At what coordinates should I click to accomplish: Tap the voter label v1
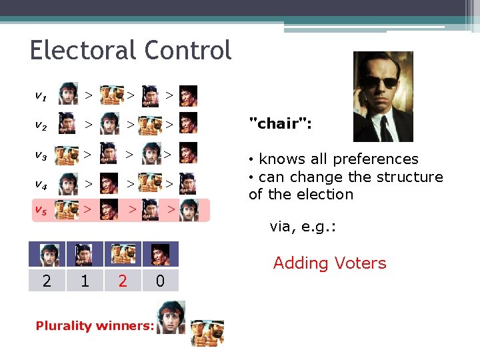click(x=41, y=95)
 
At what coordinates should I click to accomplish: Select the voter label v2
click(x=41, y=124)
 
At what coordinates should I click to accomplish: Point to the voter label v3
click(x=41, y=155)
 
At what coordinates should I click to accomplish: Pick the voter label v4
click(x=41, y=184)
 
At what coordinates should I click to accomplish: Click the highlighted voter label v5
click(x=41, y=210)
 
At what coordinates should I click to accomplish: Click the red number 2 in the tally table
click(x=123, y=281)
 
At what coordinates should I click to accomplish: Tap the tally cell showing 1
click(x=85, y=281)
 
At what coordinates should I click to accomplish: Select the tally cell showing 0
click(x=160, y=281)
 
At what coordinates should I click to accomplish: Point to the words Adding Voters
click(x=329, y=263)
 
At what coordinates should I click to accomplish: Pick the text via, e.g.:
click(x=303, y=227)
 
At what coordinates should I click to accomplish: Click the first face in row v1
click(x=67, y=95)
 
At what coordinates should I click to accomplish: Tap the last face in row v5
click(x=189, y=210)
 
